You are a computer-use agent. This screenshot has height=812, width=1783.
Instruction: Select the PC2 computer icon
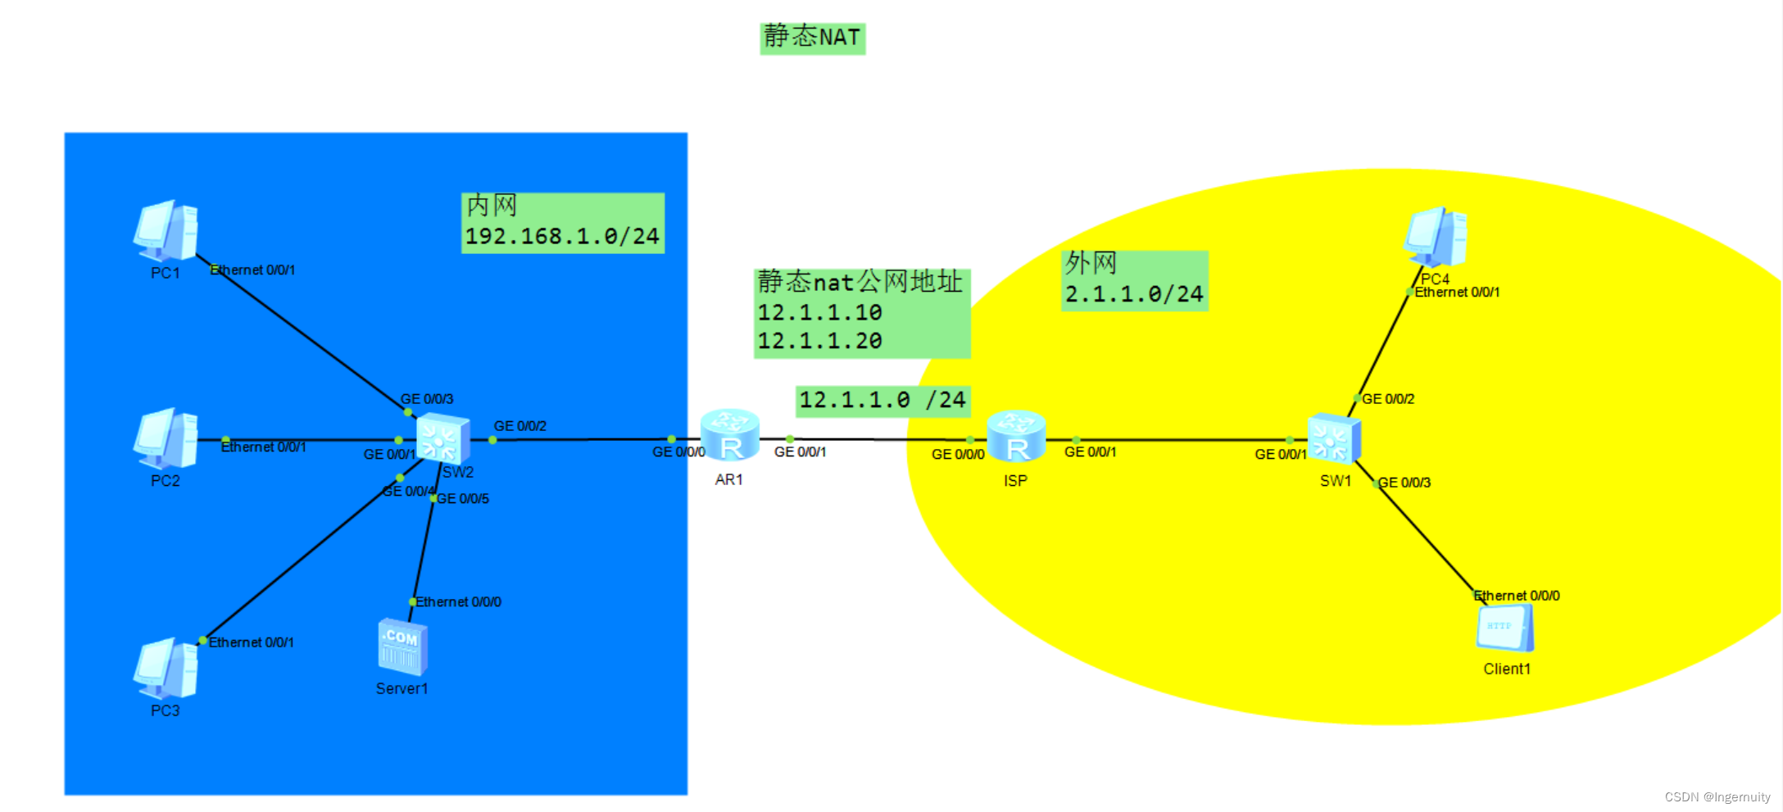166,438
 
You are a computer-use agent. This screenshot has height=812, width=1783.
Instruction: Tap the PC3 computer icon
166,669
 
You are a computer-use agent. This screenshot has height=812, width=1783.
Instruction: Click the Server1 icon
402,647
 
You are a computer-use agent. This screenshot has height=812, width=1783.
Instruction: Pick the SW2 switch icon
442,439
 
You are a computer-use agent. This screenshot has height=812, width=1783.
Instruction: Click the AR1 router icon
730,437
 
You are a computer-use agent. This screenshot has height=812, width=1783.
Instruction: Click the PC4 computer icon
1435,237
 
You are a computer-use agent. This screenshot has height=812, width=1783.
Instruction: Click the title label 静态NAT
812,38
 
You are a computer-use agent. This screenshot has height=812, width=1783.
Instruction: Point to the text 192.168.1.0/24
562,237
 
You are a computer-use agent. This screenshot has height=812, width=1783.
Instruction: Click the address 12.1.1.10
819,313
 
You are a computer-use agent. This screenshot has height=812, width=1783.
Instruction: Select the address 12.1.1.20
819,341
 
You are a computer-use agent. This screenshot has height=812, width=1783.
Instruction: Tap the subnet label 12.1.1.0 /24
882,401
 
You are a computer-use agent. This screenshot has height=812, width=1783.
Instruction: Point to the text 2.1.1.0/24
1134,294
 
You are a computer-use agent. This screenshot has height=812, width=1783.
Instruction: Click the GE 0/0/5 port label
463,499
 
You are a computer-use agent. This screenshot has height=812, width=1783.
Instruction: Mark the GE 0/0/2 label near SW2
520,426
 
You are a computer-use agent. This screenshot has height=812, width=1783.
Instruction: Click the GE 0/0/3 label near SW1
1404,483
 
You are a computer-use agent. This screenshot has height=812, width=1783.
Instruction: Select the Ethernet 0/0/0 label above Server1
458,602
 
